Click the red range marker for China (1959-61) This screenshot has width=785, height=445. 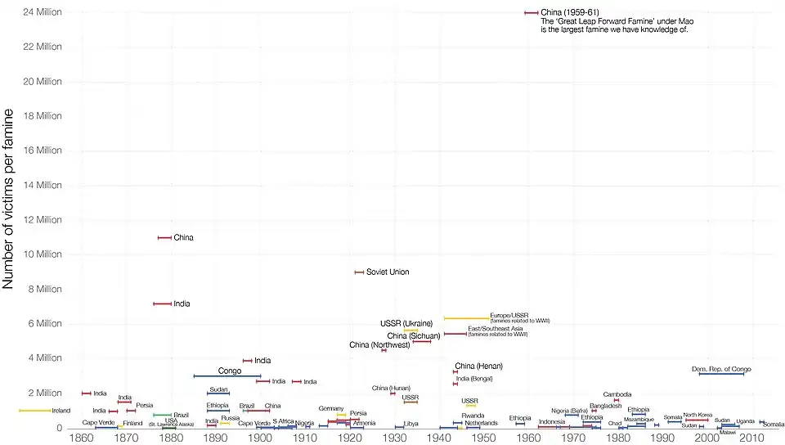(x=531, y=13)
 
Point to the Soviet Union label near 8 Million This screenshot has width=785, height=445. (x=388, y=272)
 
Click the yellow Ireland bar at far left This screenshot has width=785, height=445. (x=34, y=411)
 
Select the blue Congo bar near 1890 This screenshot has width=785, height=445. (x=227, y=376)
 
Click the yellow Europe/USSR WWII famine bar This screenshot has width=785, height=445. (x=465, y=318)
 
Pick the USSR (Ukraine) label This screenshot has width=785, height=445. (x=406, y=323)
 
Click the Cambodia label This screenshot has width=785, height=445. (x=617, y=394)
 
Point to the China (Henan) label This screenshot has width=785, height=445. (x=478, y=366)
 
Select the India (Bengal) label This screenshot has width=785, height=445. (x=474, y=379)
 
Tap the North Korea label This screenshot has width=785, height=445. (x=698, y=415)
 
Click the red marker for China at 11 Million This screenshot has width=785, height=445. (x=164, y=238)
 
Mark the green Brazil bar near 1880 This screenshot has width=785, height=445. (x=162, y=416)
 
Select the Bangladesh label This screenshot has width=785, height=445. (x=606, y=406)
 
